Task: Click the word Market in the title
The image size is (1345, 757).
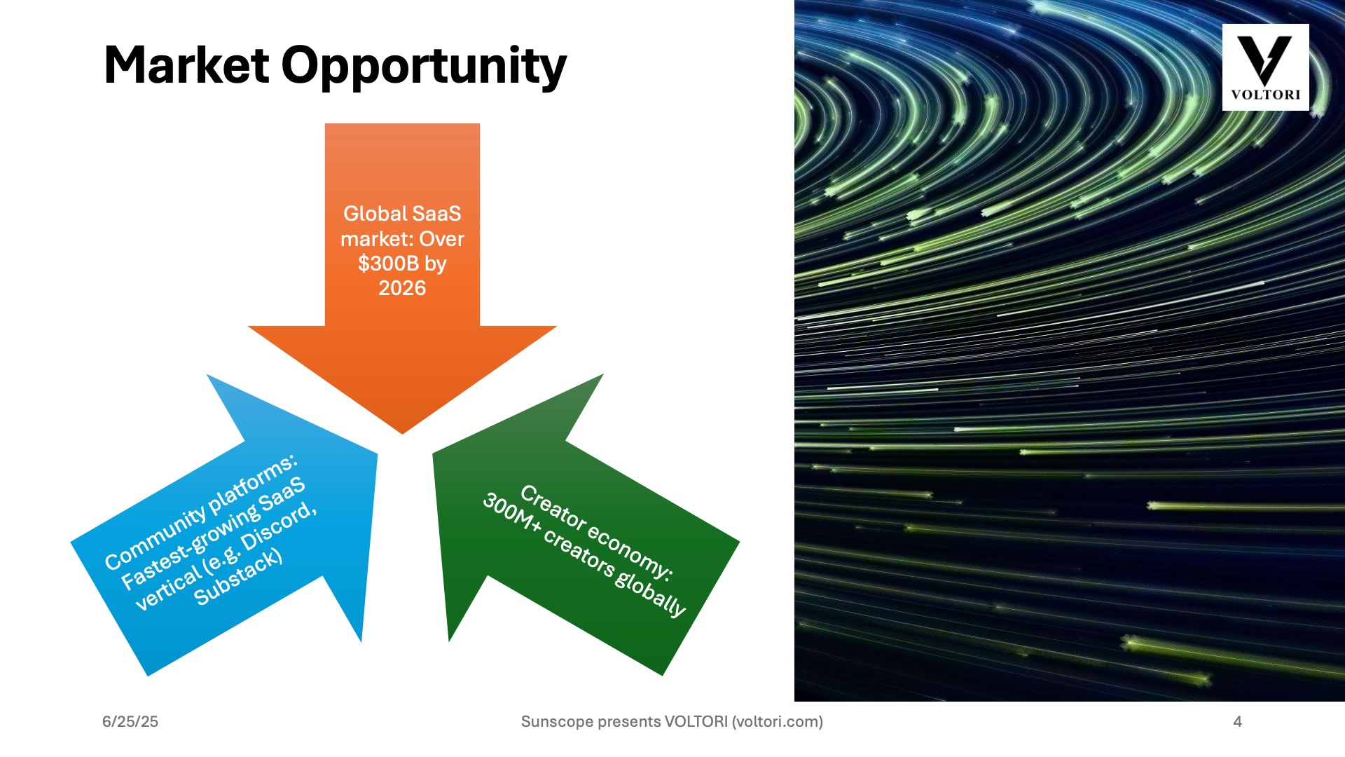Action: [186, 65]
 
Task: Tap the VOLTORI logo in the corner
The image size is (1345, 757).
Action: [1265, 67]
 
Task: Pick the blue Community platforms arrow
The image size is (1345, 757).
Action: [231, 533]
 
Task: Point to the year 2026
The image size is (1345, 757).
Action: [402, 288]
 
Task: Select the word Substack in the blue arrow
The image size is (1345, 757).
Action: [238, 576]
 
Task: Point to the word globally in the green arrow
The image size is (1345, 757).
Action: [650, 593]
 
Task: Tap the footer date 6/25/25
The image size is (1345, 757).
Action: [130, 721]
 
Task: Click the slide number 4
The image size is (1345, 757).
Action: [1238, 721]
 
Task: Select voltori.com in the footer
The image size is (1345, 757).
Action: [777, 721]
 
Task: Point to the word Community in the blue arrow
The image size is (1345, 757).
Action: [156, 538]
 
